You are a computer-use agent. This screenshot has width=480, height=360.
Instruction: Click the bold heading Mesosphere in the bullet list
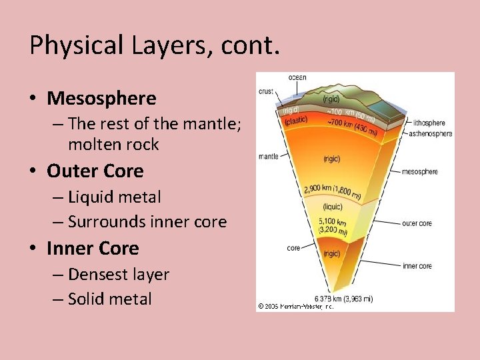point(101,99)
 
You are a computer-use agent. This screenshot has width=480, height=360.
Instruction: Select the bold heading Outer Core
point(95,171)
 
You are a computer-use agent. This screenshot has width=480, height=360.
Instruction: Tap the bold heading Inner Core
point(93,248)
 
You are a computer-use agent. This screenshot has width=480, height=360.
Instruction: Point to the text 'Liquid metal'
point(114,197)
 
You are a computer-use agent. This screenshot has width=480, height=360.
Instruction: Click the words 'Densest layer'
point(119,274)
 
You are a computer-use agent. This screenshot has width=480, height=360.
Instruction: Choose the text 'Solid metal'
point(110,299)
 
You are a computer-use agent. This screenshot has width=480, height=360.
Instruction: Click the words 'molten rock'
point(113,144)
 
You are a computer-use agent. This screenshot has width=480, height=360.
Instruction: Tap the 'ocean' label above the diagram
point(297,77)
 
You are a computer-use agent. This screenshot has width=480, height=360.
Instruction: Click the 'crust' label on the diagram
point(267,91)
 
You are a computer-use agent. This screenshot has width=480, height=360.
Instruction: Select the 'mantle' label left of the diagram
point(269,156)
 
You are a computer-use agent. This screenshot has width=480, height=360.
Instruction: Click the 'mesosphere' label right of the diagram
point(419,171)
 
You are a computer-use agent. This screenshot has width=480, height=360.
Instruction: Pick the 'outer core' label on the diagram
point(417,223)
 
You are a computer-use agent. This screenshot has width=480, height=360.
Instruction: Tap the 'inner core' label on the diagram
point(417,266)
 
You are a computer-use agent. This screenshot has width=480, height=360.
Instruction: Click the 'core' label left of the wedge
point(293,247)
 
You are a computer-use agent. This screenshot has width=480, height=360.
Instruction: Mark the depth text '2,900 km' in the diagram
point(317,189)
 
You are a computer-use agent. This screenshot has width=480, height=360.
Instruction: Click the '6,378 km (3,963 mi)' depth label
point(343,299)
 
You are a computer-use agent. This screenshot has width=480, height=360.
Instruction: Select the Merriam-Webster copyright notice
point(295,306)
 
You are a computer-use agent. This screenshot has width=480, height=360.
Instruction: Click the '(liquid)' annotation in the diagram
point(331,206)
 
